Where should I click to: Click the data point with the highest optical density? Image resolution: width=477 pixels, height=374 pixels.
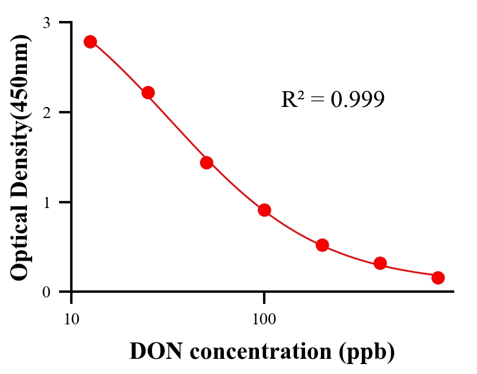(90, 41)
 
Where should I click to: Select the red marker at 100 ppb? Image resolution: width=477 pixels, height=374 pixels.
(264, 210)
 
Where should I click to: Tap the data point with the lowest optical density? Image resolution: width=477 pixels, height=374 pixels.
(438, 278)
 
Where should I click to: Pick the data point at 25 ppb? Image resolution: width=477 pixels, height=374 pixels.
(148, 92)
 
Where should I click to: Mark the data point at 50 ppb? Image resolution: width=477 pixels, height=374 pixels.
(206, 162)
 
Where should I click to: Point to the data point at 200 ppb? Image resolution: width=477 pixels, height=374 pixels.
(322, 245)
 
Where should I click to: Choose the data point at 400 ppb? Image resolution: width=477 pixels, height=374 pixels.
(380, 263)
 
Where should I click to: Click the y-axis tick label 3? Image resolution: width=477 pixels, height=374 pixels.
(47, 23)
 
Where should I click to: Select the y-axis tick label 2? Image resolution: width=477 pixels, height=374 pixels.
(47, 112)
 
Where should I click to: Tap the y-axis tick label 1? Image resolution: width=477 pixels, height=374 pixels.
(47, 202)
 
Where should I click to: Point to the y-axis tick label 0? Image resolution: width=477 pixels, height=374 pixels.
(47, 292)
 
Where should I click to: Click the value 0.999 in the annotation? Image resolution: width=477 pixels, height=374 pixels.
(358, 100)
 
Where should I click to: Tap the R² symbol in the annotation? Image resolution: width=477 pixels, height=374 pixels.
(292, 100)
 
